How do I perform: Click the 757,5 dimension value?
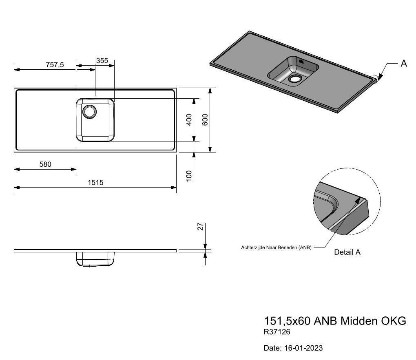click(x=55, y=65)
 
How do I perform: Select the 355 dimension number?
click(x=102, y=61)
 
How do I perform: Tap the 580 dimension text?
click(x=45, y=164)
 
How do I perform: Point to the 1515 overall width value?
click(x=95, y=183)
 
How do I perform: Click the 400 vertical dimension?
click(x=189, y=119)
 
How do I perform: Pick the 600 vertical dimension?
click(x=205, y=119)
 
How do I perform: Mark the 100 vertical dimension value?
click(x=189, y=176)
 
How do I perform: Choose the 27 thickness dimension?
click(x=201, y=227)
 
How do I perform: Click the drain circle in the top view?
click(x=89, y=112)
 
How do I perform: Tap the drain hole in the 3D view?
click(x=295, y=79)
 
